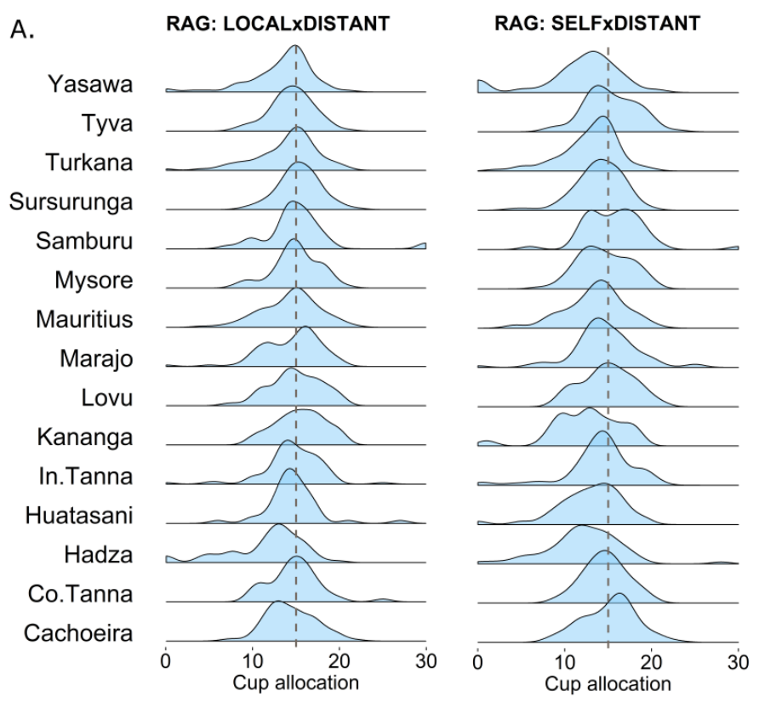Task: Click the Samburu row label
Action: point(84,241)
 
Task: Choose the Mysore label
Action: point(93,280)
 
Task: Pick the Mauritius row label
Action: point(83,319)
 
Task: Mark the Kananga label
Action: point(84,437)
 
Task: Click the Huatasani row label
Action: point(78,515)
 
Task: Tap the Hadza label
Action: point(98,554)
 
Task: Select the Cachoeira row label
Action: point(78,632)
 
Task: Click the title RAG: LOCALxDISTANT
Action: point(277,24)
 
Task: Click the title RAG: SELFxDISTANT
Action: point(597,24)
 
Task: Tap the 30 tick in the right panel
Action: point(738,660)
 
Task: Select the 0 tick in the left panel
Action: point(166,660)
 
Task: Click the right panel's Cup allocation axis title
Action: point(608,683)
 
